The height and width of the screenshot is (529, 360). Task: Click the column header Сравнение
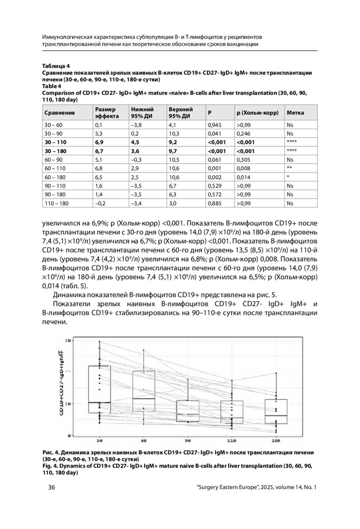[x=59, y=113]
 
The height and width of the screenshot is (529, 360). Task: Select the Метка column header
[x=295, y=113]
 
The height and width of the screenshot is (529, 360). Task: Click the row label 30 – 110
[x=55, y=142]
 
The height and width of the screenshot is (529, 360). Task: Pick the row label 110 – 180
[x=56, y=203]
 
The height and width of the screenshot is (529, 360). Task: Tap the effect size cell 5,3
[x=99, y=133]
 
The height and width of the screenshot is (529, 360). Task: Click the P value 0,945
[x=214, y=125]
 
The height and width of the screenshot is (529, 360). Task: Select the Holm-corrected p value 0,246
[x=243, y=133]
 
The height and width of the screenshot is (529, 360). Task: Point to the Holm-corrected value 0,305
[x=243, y=160]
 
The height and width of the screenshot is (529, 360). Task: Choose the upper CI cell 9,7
[x=173, y=151]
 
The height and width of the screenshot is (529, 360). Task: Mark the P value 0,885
[x=214, y=203]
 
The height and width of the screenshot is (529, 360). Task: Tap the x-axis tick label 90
[x=188, y=441]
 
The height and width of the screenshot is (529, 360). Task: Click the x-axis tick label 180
[x=276, y=441]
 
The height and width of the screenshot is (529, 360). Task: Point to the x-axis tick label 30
[x=100, y=441]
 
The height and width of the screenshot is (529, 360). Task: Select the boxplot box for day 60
[x=144, y=391]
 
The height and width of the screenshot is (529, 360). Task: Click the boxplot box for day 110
[x=232, y=412]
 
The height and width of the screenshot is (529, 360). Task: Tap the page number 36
[x=52, y=487]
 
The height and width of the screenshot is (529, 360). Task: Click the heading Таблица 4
[x=56, y=66]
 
